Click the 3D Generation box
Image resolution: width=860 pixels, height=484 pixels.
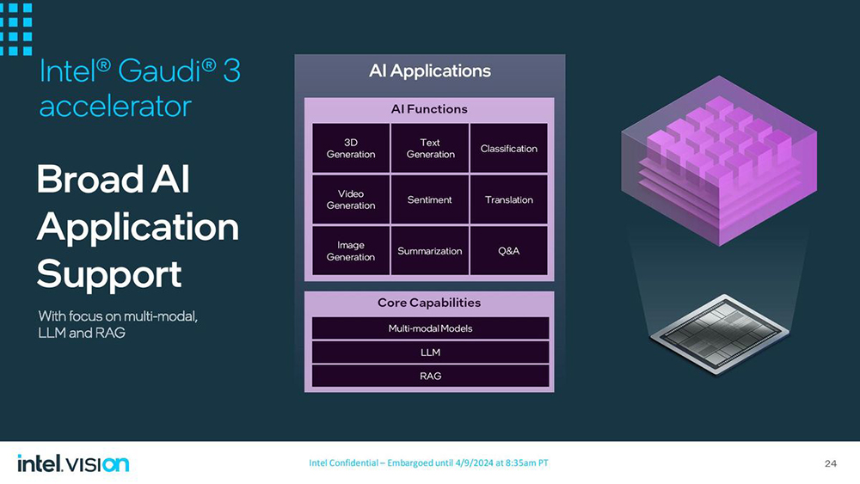pyautogui.click(x=351, y=148)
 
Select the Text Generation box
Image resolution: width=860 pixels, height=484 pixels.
pyautogui.click(x=430, y=148)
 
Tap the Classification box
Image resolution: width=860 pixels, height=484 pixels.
pyautogui.click(x=509, y=148)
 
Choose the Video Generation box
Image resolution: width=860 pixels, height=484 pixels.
pyautogui.click(x=351, y=199)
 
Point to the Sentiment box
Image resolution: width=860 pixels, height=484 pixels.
pyautogui.click(x=430, y=199)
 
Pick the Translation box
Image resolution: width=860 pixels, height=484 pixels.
pyautogui.click(x=509, y=199)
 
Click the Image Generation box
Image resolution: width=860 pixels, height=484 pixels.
pyautogui.click(x=351, y=251)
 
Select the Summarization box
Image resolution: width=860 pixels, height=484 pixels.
pyautogui.click(x=430, y=251)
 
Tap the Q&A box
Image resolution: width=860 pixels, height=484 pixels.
pyautogui.click(x=509, y=251)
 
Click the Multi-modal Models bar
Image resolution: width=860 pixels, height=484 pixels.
pyautogui.click(x=430, y=328)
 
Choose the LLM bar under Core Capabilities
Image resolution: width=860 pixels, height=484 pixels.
pyautogui.click(x=430, y=352)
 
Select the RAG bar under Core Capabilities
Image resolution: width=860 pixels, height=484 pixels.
pyautogui.click(x=430, y=376)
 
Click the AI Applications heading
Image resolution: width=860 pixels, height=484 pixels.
pyautogui.click(x=430, y=71)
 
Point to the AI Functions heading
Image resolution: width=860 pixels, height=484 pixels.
pyautogui.click(x=430, y=109)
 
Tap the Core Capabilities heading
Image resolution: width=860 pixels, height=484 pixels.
pyautogui.click(x=429, y=303)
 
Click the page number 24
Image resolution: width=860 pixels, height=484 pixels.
pyautogui.click(x=830, y=464)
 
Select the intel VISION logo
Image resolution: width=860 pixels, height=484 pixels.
pyautogui.click(x=73, y=464)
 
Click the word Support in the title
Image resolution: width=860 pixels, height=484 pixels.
pyautogui.click(x=109, y=274)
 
